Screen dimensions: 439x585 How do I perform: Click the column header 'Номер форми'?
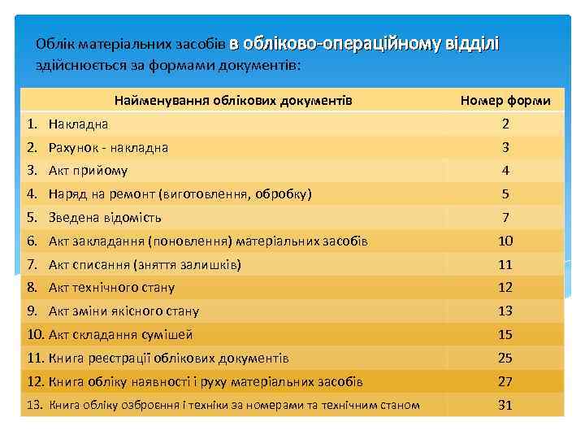(x=505, y=101)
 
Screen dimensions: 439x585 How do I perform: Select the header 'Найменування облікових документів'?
(x=233, y=101)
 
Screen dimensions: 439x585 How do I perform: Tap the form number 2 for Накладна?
(x=505, y=124)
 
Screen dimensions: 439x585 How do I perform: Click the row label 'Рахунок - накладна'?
(x=108, y=148)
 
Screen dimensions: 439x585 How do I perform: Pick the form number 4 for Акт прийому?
(x=505, y=171)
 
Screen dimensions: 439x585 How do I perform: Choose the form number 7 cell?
(x=505, y=218)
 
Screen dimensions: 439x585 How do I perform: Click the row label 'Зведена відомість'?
(x=105, y=218)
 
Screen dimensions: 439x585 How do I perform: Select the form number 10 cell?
(x=505, y=241)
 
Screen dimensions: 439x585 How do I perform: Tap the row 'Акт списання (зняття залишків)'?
(x=145, y=264)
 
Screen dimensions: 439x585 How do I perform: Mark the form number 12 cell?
(x=505, y=288)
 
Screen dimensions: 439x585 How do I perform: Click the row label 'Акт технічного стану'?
(x=111, y=288)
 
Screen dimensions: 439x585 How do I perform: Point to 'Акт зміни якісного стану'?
(x=123, y=311)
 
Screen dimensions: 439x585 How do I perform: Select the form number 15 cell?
(x=505, y=335)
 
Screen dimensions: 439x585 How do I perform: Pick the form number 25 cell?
(x=505, y=359)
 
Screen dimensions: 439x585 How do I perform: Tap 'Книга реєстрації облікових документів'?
(x=168, y=359)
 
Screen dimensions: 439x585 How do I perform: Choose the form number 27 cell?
(x=505, y=382)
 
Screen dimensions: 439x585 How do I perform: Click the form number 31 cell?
(x=505, y=405)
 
